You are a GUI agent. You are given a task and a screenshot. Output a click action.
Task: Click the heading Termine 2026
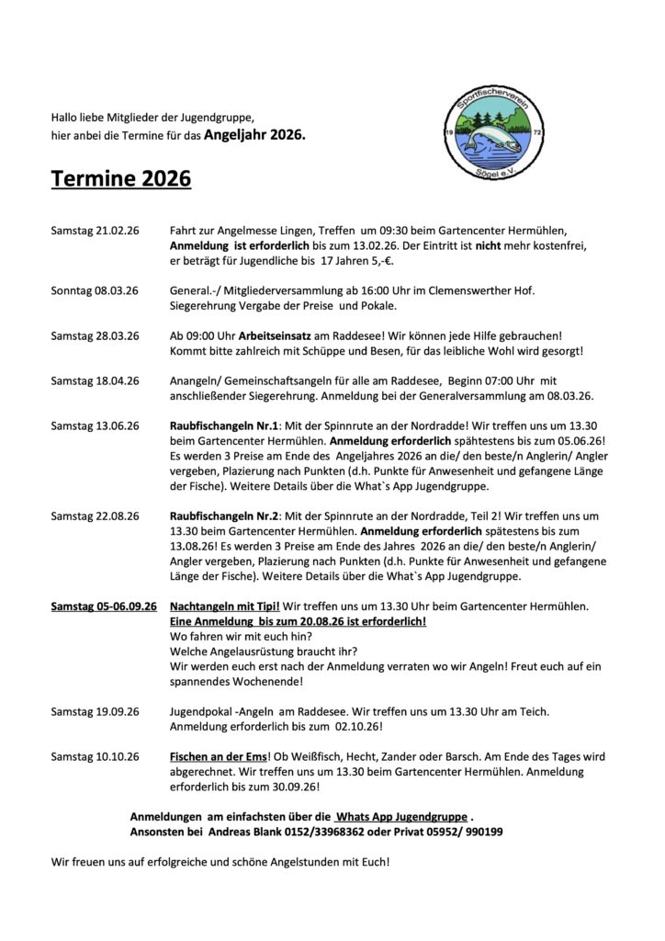[121, 177]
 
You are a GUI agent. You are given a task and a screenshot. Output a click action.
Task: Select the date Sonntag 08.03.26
[95, 290]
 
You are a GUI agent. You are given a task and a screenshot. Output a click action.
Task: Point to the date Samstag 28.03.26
[95, 335]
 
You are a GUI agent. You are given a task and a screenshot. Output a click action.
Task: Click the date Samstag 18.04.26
[95, 380]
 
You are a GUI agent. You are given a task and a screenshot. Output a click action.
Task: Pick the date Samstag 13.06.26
[95, 425]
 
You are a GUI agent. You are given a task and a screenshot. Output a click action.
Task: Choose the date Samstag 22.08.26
[95, 516]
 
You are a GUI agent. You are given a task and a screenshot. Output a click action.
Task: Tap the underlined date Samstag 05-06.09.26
[104, 607]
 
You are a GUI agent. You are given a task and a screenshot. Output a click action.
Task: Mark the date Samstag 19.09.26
[95, 711]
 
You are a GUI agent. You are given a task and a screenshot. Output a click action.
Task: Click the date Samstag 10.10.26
[95, 756]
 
